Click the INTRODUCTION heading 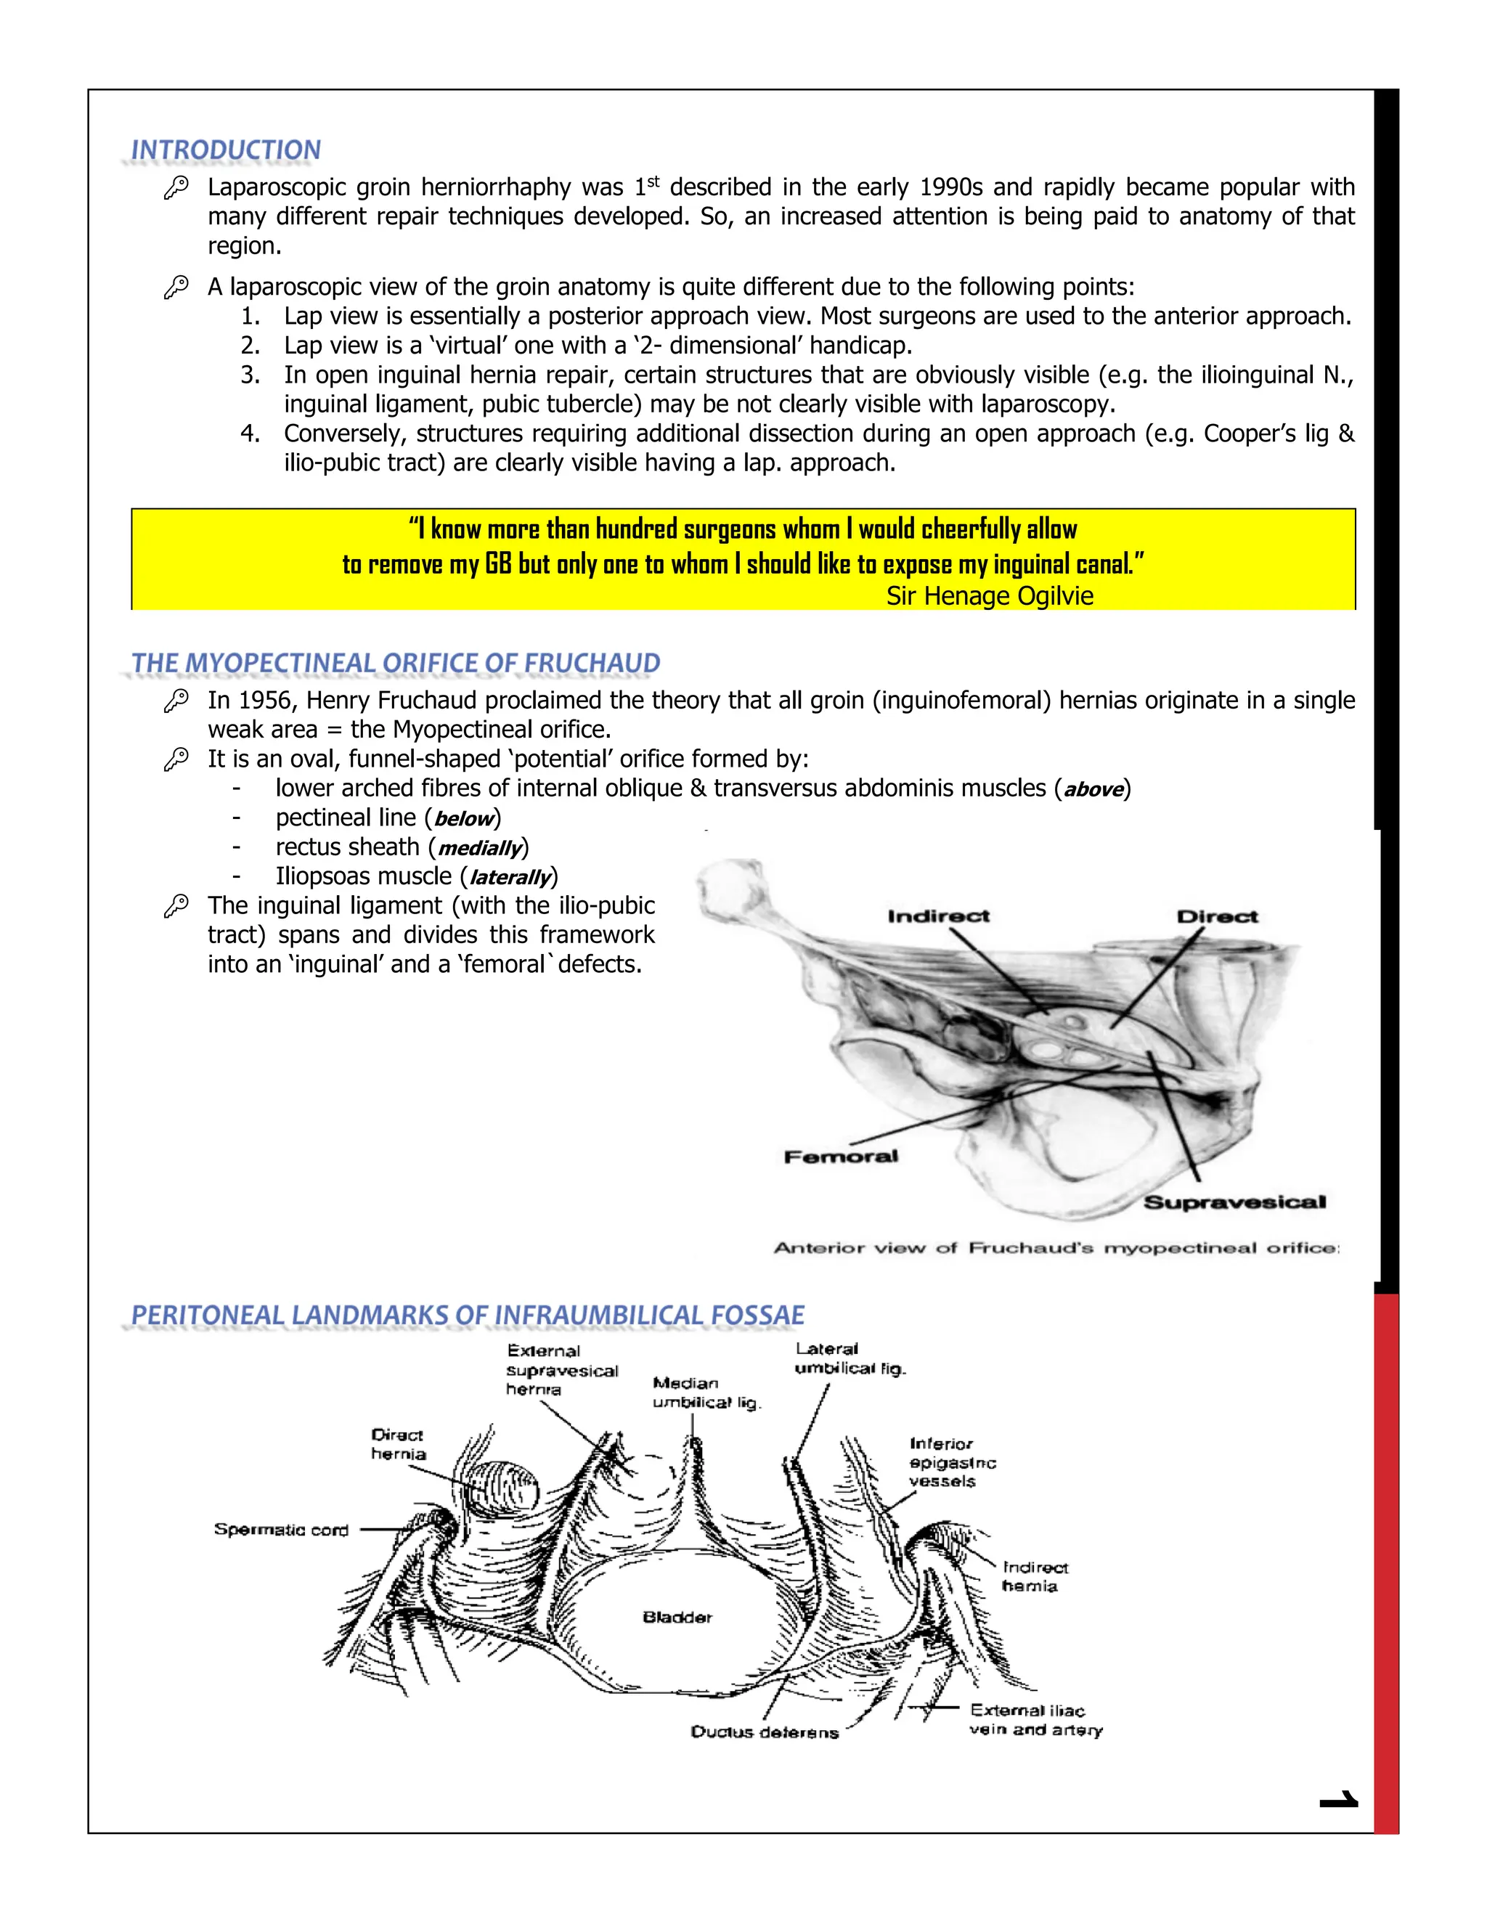(x=226, y=150)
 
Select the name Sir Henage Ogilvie (x=990, y=596)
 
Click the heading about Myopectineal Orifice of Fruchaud (x=396, y=664)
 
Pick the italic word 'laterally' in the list (x=510, y=878)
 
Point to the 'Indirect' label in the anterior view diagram (x=938, y=916)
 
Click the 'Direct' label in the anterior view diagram (x=1218, y=916)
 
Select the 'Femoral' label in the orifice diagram (x=842, y=1156)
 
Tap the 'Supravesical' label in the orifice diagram (x=1234, y=1202)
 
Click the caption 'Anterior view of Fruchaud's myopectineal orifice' (x=1056, y=1247)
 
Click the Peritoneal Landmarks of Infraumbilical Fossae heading (x=468, y=1316)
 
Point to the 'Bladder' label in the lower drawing (x=677, y=1617)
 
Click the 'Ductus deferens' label (x=764, y=1732)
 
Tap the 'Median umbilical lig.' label (x=706, y=1393)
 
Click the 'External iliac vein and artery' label (x=1035, y=1719)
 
